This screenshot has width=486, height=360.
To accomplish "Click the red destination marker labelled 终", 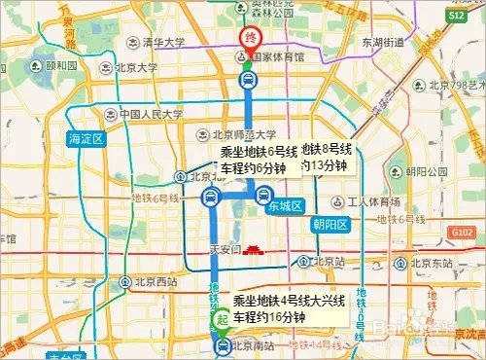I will pos(250,40).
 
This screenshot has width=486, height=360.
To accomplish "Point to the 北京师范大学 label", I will pos(244,134).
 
